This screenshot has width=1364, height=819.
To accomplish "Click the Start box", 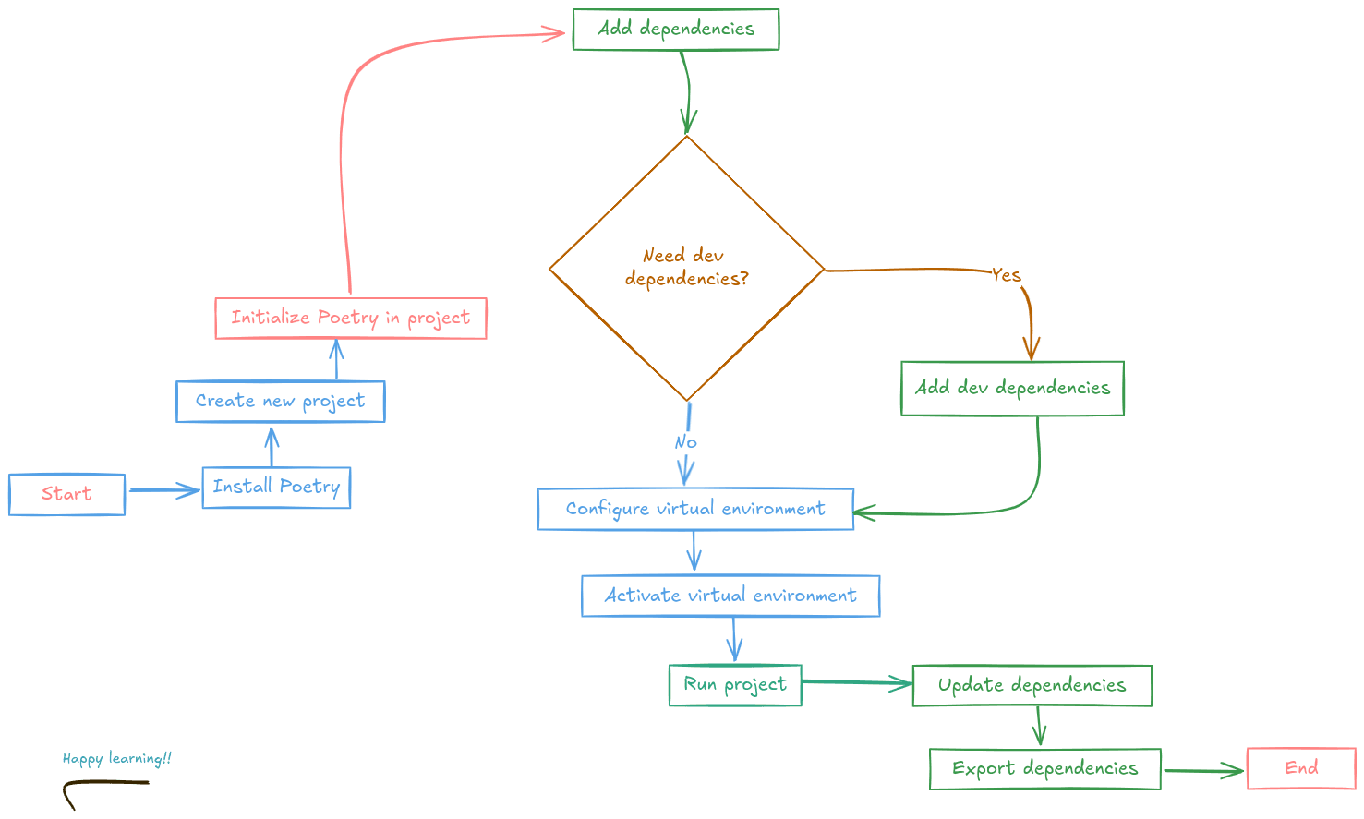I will tap(66, 494).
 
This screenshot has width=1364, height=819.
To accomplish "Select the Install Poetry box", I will tap(276, 488).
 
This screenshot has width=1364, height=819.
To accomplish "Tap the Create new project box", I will tap(280, 402).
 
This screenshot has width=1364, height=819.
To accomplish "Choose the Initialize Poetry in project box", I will tap(350, 319).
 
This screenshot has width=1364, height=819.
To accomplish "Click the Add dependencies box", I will tap(675, 30).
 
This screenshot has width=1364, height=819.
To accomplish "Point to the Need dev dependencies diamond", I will tap(686, 268).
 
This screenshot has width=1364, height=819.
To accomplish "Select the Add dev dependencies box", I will tap(1012, 389).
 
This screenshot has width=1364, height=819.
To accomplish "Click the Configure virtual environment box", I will tap(695, 510).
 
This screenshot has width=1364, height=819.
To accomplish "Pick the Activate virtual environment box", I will tap(730, 596).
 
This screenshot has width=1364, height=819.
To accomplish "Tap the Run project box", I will tap(735, 685).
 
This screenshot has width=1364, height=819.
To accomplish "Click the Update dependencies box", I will tap(1032, 685).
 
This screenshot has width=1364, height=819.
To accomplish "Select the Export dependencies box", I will tap(1044, 769).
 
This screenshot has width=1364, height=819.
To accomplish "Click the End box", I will tap(1301, 768).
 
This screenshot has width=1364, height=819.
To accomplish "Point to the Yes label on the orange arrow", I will tap(1006, 275).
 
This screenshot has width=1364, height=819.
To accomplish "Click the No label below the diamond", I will tap(685, 442).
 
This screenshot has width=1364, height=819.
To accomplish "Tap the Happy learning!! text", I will tap(117, 759).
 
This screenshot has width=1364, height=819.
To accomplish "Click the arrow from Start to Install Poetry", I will tap(163, 490).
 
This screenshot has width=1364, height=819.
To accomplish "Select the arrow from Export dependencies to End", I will tap(1203, 770).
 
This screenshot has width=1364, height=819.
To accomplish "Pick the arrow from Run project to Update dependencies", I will tap(856, 683).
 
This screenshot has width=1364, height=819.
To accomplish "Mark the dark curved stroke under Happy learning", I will tap(102, 784).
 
